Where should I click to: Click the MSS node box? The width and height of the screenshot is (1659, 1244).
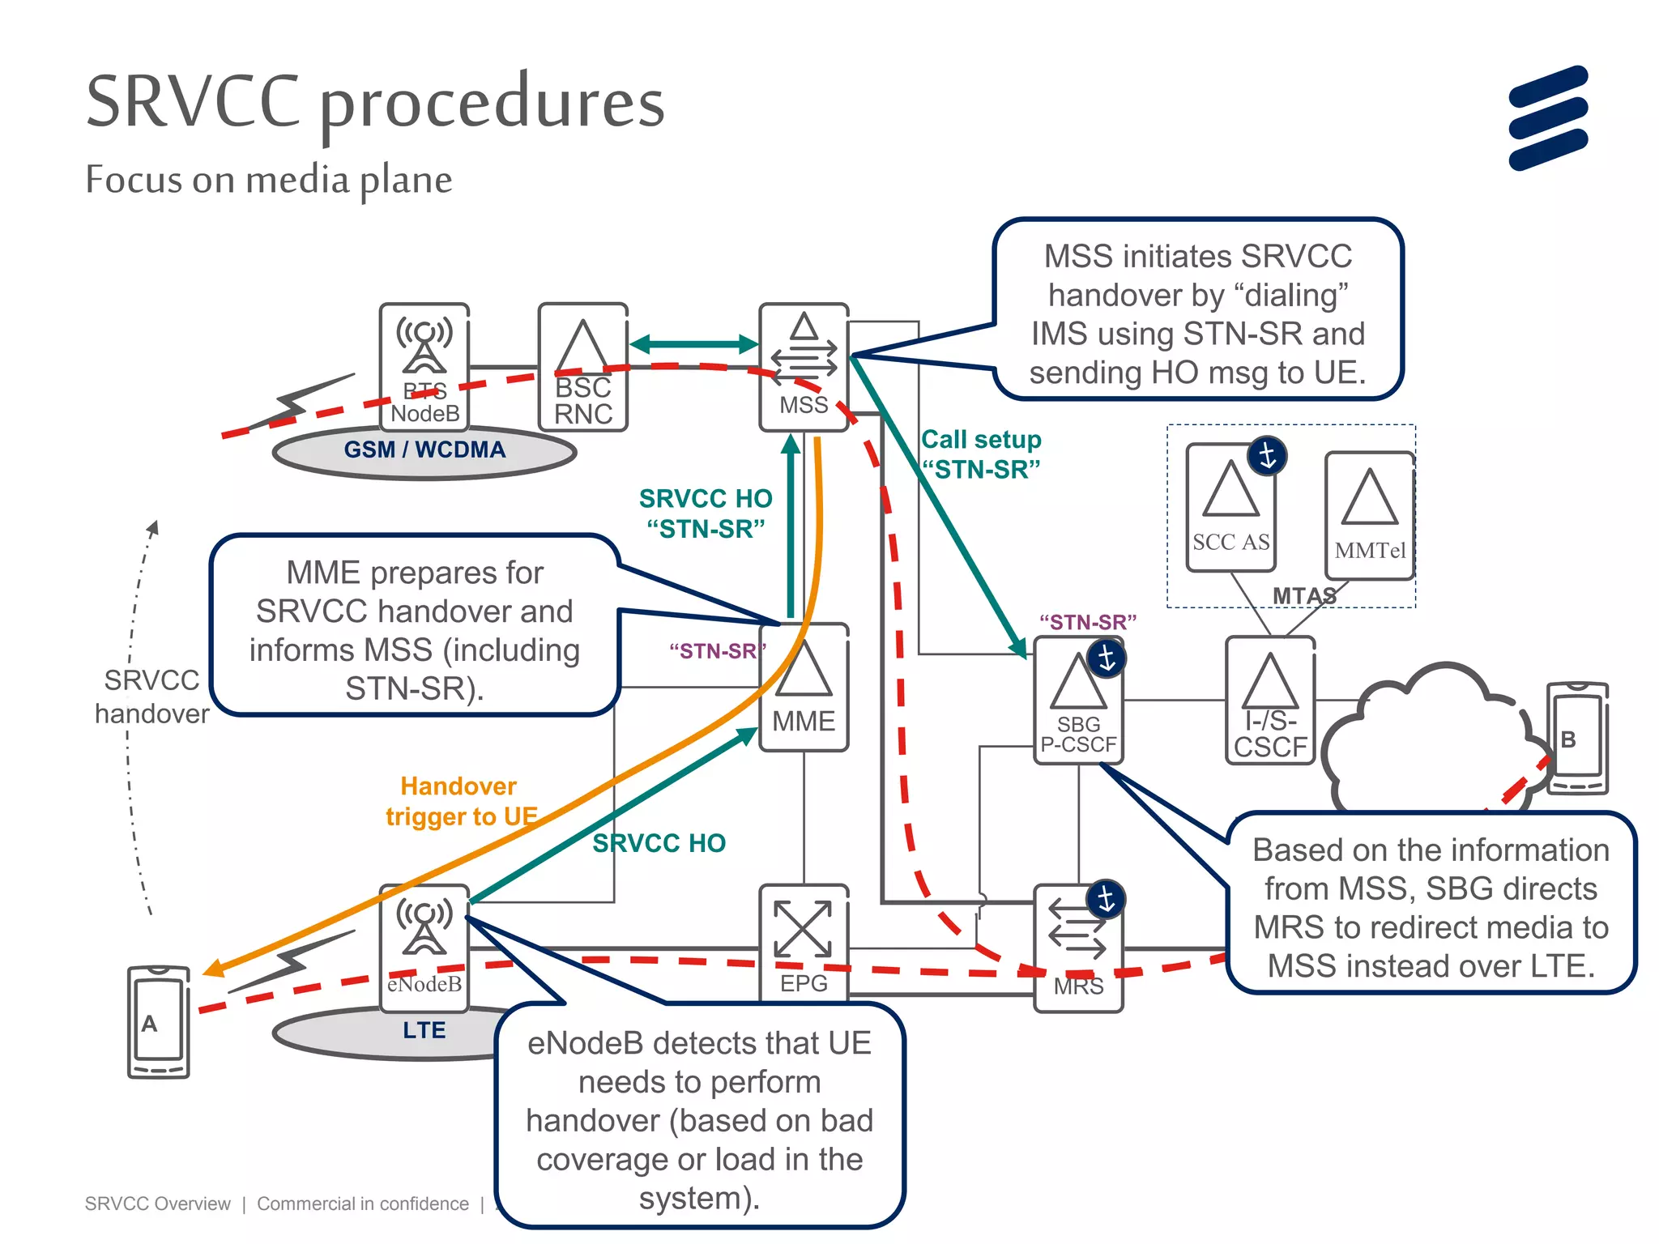[803, 367]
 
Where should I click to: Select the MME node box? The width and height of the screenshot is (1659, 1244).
[804, 688]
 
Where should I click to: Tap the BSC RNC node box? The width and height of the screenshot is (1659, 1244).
[582, 367]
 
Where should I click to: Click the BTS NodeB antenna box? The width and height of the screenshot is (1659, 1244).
[424, 365]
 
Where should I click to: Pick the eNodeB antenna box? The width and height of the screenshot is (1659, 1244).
[424, 948]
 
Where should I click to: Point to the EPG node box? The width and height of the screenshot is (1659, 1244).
[803, 944]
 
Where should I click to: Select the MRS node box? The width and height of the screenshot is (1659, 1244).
[1078, 948]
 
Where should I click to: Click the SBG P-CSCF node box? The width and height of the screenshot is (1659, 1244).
[1078, 701]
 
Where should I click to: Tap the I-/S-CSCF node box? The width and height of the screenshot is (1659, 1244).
[1269, 701]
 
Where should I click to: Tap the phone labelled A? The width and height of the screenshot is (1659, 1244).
[158, 1021]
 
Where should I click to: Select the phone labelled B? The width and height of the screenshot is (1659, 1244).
[1576, 738]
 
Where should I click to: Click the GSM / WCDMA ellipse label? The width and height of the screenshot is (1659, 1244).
[424, 450]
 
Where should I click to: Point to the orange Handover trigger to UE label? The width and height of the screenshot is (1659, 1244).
[460, 801]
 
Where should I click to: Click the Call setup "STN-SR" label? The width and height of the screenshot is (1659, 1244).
[981, 454]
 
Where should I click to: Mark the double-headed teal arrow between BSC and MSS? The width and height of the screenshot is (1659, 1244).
[694, 344]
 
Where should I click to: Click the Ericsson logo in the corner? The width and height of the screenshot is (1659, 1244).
[1547, 118]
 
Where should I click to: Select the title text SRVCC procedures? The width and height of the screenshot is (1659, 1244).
[375, 103]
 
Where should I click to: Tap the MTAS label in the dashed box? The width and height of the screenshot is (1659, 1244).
[1303, 596]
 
